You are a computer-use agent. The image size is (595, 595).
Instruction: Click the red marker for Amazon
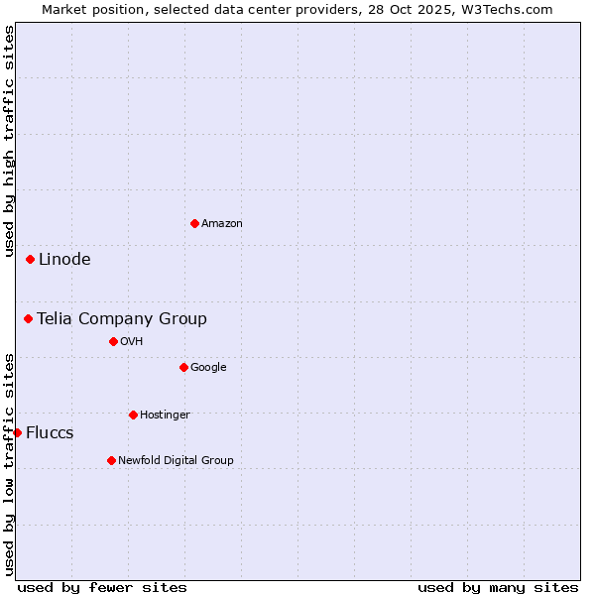(194, 223)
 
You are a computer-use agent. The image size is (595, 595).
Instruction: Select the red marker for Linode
(31, 259)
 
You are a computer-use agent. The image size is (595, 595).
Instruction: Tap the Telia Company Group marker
(29, 318)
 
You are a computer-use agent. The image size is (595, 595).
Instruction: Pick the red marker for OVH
(113, 341)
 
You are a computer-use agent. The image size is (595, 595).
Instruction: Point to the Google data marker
(183, 367)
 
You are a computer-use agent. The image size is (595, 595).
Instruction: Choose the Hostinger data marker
(133, 415)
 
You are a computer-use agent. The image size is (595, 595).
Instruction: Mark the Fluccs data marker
(17, 432)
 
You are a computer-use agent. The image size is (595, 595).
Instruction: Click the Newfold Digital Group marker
(111, 460)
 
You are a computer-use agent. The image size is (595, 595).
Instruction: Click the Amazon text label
(222, 223)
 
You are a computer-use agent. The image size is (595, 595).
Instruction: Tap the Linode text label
(64, 259)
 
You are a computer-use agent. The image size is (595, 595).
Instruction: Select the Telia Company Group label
(122, 318)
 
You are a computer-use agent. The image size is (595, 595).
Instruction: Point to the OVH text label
(132, 341)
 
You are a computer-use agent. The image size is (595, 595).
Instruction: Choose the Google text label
(208, 367)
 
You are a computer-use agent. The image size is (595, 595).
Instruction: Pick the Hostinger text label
(165, 415)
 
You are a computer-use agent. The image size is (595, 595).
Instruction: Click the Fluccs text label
(50, 432)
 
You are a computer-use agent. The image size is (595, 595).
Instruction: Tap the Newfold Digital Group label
(176, 460)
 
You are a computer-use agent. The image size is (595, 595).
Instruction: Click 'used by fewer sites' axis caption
(102, 587)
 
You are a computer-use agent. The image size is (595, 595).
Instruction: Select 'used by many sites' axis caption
(498, 587)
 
